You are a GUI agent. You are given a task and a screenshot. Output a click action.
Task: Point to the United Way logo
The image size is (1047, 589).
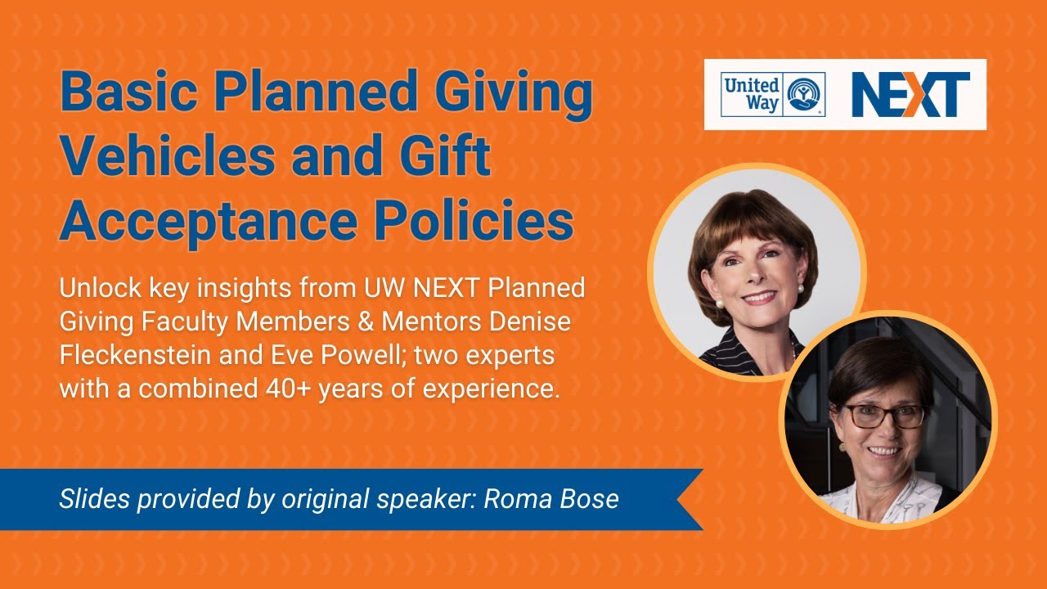coord(772,94)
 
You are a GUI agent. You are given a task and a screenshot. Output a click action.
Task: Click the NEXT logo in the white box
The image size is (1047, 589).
coord(910,94)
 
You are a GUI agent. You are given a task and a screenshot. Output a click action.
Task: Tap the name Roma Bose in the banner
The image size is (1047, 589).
coord(551,499)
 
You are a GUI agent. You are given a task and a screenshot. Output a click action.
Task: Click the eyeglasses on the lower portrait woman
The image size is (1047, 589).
coord(885,416)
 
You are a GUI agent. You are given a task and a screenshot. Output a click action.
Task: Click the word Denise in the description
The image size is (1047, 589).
coord(532,322)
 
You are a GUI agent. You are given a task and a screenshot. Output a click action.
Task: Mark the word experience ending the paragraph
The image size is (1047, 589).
coord(491,389)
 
